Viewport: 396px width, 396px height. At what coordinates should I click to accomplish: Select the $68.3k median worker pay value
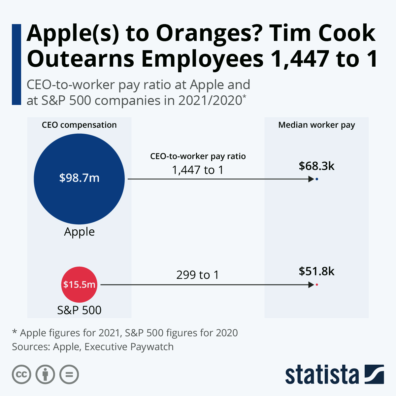316,166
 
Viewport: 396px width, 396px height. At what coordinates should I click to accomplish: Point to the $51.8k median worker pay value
316,271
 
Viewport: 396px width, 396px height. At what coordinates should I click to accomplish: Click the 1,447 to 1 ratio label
198,170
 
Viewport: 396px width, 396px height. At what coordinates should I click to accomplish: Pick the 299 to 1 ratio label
198,275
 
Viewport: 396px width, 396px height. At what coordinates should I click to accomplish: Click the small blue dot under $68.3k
317,179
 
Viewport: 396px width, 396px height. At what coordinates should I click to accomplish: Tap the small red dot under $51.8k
317,284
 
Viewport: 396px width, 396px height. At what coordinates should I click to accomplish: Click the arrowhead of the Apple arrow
311,179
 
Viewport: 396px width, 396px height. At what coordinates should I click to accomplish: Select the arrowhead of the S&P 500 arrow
311,284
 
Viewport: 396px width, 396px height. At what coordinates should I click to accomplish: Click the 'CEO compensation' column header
79,125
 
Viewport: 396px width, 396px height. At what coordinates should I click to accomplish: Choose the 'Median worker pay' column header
316,125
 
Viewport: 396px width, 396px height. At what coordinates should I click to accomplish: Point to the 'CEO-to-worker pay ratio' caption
198,156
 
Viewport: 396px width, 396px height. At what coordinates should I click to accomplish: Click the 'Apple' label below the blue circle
79,232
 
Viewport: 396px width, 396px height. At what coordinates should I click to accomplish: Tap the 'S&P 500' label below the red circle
79,310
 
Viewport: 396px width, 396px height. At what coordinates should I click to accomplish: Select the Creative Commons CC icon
21,375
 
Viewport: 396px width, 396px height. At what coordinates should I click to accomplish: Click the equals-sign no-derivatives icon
69,375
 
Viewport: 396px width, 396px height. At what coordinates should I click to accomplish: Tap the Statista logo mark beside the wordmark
374,374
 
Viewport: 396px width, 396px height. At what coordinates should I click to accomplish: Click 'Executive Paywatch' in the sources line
129,347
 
